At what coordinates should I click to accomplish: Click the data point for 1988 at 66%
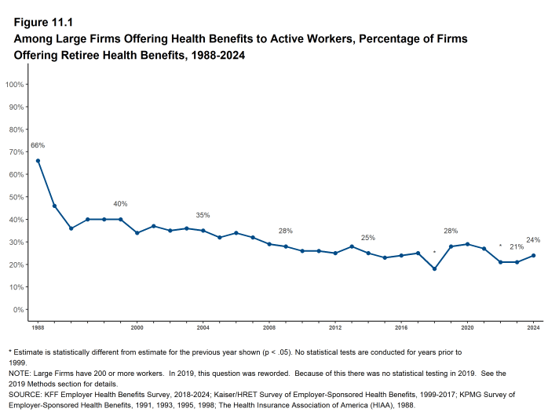pyautogui.click(x=38, y=161)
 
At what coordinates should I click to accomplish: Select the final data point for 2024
pyautogui.click(x=534, y=255)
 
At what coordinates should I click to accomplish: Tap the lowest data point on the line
pyautogui.click(x=434, y=269)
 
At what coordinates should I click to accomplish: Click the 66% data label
pyautogui.click(x=38, y=145)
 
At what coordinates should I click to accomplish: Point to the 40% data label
pyautogui.click(x=120, y=204)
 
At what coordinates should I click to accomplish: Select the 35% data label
pyautogui.click(x=203, y=215)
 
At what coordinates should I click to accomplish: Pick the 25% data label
pyautogui.click(x=368, y=238)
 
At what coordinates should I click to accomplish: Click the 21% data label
pyautogui.click(x=517, y=246)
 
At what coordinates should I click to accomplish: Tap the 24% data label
pyautogui.click(x=534, y=239)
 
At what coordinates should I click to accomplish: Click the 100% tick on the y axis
pyautogui.click(x=15, y=84)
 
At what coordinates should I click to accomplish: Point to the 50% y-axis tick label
pyautogui.click(x=16, y=197)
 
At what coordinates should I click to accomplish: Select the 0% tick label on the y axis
pyautogui.click(x=18, y=309)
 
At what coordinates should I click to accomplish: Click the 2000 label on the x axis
pyautogui.click(x=137, y=326)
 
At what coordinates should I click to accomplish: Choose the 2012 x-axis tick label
pyautogui.click(x=335, y=326)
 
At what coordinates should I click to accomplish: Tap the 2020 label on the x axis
pyautogui.click(x=467, y=326)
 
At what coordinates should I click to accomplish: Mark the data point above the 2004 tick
pyautogui.click(x=203, y=231)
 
